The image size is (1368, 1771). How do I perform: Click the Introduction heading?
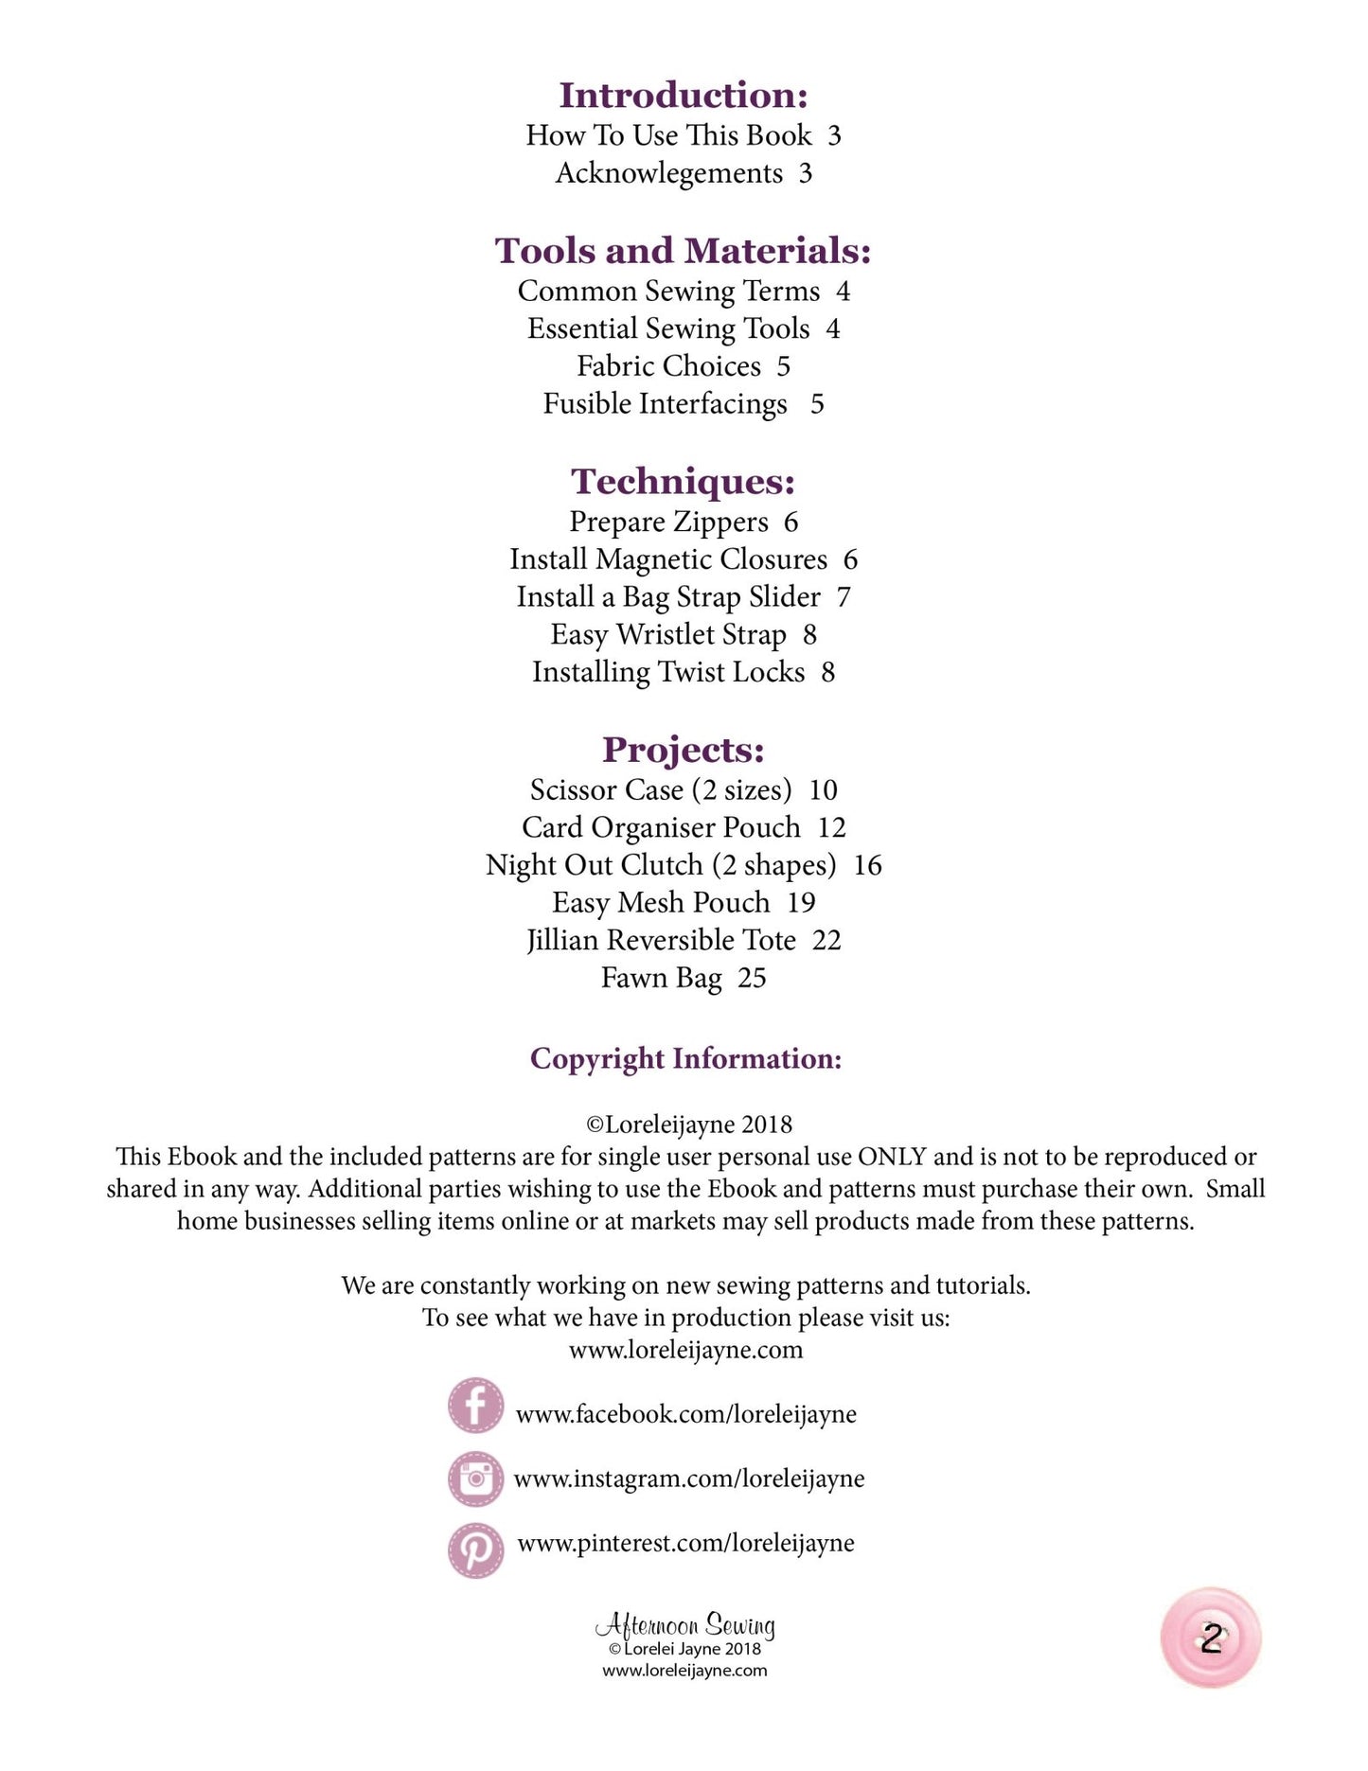click(x=683, y=96)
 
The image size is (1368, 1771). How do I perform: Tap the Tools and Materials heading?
click(x=683, y=251)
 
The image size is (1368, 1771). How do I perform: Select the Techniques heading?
click(x=683, y=482)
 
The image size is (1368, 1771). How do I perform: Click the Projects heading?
click(x=683, y=750)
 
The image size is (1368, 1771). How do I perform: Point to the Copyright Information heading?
click(x=685, y=1058)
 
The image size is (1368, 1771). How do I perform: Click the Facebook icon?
click(x=475, y=1406)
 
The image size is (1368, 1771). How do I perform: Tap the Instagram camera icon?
click(x=475, y=1478)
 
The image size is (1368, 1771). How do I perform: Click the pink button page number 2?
click(x=1211, y=1638)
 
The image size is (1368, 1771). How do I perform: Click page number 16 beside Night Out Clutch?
click(x=867, y=865)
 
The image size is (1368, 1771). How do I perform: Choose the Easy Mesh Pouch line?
click(x=683, y=903)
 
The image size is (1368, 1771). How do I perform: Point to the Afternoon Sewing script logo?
click(x=684, y=1625)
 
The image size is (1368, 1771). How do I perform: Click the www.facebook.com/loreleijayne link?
click(x=685, y=1414)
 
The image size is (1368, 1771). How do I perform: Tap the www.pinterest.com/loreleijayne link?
click(x=685, y=1543)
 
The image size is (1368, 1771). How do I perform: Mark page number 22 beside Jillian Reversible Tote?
click(x=826, y=941)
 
